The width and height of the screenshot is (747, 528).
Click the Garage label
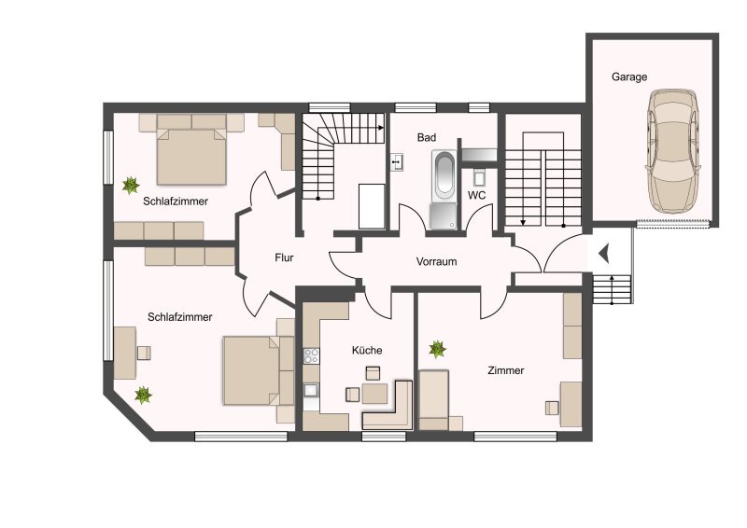629,77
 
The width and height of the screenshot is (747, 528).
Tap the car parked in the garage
673,151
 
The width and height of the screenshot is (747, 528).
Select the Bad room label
427,137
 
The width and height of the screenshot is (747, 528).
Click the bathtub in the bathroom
444,176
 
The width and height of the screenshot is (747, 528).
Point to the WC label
477,195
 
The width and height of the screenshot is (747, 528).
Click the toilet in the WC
479,177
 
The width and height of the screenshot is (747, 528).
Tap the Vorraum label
436,261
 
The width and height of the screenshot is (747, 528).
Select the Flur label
284,257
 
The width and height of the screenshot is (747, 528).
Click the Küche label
367,351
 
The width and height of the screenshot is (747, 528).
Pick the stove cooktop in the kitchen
312,355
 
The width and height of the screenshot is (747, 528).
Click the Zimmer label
505,370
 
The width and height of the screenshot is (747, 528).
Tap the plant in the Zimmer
437,349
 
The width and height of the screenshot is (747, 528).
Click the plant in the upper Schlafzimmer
130,185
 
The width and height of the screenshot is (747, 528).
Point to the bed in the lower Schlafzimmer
259,371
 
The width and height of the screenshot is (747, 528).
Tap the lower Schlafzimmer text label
179,317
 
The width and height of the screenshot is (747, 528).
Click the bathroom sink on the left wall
397,162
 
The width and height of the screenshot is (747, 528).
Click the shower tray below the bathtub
443,216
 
